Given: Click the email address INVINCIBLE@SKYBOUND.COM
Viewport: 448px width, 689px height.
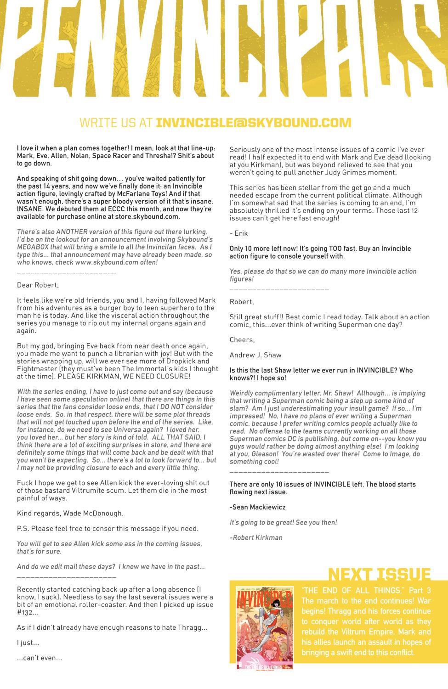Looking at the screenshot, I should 254,123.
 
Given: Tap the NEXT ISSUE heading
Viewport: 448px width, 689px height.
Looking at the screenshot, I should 379,575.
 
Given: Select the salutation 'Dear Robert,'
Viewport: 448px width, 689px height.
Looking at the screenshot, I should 38,285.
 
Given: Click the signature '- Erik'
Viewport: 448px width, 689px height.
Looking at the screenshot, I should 238,233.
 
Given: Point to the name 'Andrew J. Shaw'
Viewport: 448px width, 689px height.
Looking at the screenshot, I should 255,355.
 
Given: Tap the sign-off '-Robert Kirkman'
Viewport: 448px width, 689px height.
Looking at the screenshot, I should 256,537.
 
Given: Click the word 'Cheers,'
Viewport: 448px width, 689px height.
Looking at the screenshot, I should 242,339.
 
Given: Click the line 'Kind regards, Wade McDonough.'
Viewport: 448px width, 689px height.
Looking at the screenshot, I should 70,513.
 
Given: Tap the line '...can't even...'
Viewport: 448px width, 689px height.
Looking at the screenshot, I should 39,658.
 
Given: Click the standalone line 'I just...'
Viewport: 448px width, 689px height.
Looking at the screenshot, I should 28,643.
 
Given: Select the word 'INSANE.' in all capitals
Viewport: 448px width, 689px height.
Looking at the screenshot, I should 30,209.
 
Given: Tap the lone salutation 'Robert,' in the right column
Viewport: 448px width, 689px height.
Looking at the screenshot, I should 241,302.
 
